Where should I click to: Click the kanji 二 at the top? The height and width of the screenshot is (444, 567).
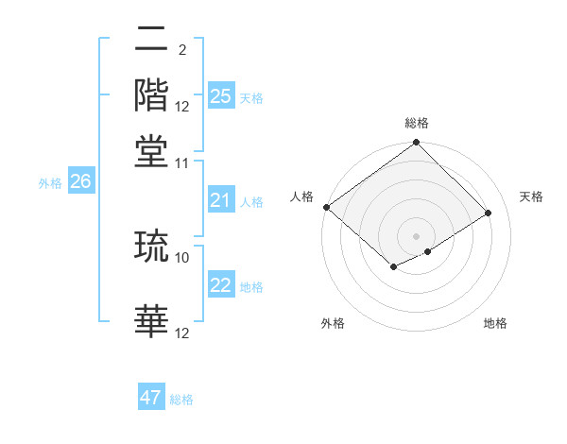(x=152, y=43)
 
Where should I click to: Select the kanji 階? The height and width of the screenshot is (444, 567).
(x=152, y=95)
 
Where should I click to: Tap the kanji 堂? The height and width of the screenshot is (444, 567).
(x=152, y=149)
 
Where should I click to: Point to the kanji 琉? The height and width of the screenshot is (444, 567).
(x=152, y=247)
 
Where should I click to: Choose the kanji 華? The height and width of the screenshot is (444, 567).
(x=152, y=322)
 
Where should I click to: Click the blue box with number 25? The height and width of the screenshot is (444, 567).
(x=220, y=96)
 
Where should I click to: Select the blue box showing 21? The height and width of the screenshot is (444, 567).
(x=220, y=200)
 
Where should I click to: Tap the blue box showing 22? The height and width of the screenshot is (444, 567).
(x=220, y=285)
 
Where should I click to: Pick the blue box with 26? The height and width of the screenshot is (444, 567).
(x=80, y=182)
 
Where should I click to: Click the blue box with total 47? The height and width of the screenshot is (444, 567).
(x=151, y=398)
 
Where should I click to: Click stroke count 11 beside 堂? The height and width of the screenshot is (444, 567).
(x=182, y=162)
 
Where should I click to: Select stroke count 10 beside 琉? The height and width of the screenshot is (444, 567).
(x=182, y=256)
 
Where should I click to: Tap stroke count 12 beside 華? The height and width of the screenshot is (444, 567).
(x=182, y=333)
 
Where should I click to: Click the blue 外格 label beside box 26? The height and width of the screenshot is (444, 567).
(x=50, y=183)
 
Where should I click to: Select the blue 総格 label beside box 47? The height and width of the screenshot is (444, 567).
(x=181, y=400)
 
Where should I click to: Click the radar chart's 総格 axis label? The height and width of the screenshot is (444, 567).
(x=416, y=124)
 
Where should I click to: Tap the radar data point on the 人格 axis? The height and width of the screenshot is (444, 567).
(x=326, y=207)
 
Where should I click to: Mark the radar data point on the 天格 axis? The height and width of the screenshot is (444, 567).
(x=489, y=213)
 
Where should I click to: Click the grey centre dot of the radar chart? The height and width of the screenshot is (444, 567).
(x=416, y=235)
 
